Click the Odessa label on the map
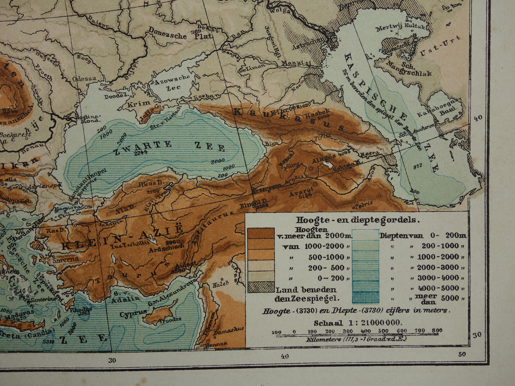pos(84,79)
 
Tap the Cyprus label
pos(133,314)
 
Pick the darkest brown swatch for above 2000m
pos(261,233)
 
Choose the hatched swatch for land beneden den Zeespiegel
pos(261,287)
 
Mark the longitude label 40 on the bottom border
pos(284,355)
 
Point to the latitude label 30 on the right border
pos(477,335)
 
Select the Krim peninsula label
pos(134,104)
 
